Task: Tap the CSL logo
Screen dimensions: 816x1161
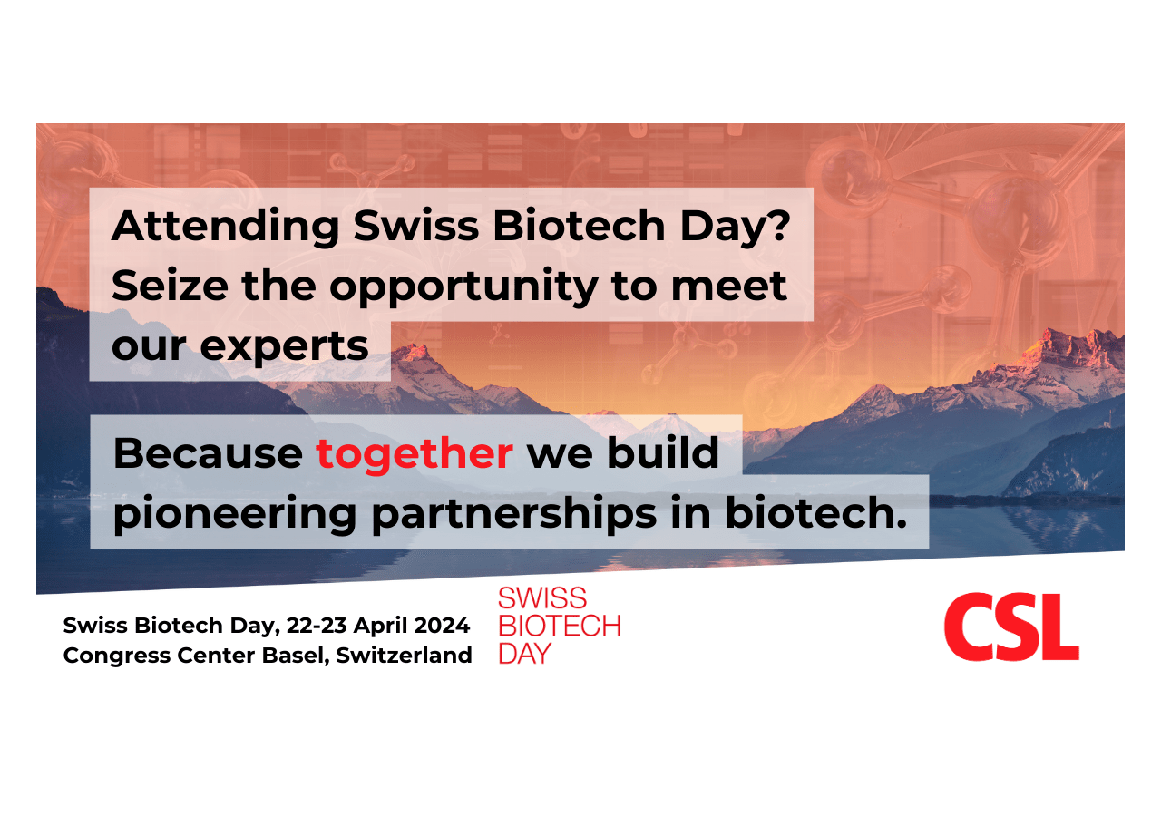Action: coord(1010,627)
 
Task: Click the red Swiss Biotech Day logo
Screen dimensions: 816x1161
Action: coord(559,626)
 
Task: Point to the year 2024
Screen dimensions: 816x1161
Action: coord(444,626)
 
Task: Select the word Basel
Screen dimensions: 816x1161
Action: coord(294,656)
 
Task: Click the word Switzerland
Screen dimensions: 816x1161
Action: coord(404,656)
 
